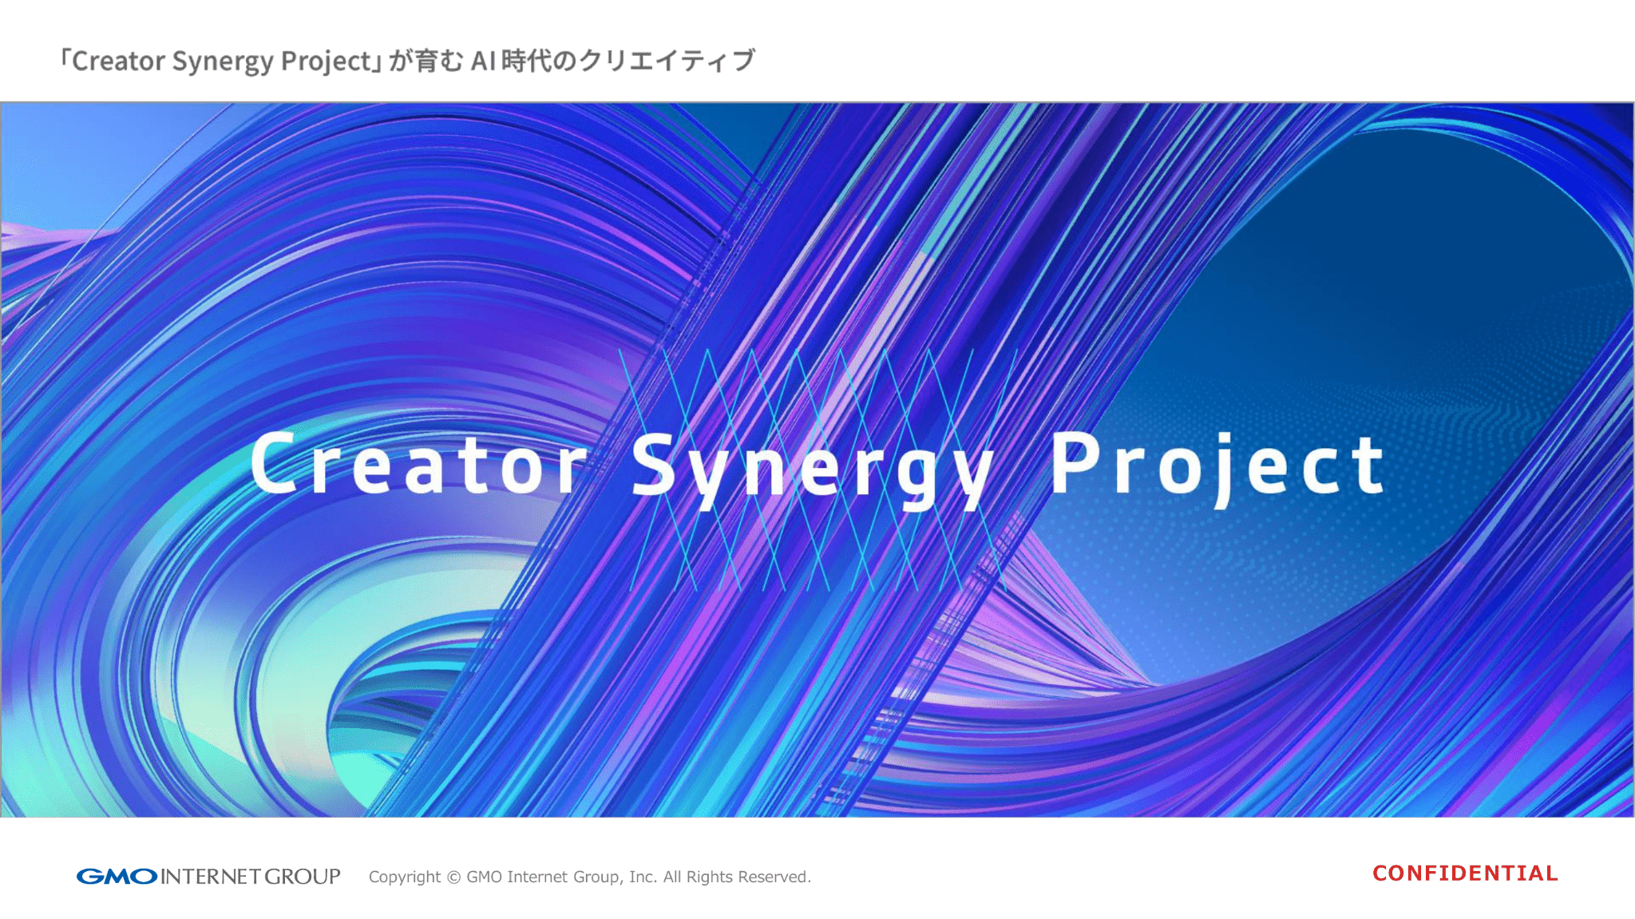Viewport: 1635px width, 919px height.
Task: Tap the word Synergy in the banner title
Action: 813,469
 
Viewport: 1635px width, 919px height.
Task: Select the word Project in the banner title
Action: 1217,468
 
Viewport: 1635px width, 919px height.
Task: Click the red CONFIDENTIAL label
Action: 1465,873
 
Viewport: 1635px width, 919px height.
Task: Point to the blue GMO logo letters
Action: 117,877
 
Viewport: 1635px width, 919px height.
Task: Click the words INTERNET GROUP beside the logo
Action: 251,877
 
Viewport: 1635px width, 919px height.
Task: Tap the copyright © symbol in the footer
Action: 453,877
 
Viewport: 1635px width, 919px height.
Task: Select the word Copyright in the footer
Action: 404,877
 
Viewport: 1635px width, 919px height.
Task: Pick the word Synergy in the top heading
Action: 223,61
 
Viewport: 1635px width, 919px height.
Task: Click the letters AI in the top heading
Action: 483,61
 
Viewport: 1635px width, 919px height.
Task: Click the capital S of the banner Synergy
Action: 654,464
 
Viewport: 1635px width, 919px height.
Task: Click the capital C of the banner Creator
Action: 273,463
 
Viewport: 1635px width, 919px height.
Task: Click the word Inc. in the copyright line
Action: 643,877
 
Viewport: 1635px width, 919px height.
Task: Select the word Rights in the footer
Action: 709,877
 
